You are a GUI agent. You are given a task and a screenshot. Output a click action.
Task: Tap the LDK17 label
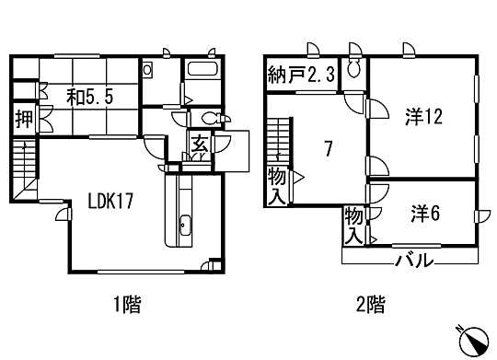[x=113, y=203]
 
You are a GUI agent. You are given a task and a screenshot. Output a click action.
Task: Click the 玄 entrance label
[x=199, y=145]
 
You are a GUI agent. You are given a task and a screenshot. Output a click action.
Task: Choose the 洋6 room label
[x=425, y=212]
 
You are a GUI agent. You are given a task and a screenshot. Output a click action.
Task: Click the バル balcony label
[x=414, y=260]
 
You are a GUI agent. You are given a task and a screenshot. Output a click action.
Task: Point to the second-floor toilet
[x=354, y=71]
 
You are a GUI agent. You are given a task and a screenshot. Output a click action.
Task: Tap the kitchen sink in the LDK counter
[x=182, y=225]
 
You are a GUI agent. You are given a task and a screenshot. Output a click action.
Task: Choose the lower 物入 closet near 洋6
[x=353, y=224]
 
